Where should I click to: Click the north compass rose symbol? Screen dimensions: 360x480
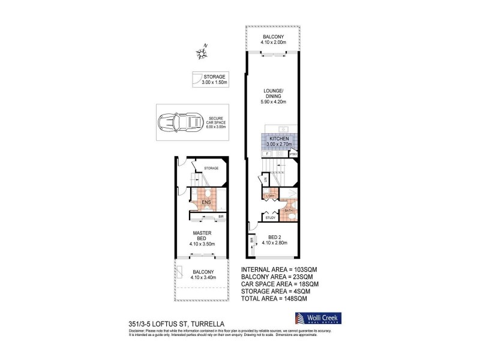click(202, 55)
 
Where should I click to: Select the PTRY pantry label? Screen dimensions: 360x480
click(293, 154)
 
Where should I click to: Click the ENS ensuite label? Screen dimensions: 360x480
click(206, 202)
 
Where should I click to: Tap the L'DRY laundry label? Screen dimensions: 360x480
click(270, 197)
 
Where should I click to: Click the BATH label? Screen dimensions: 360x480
click(288, 211)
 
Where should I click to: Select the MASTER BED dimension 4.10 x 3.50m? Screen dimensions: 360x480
click(203, 244)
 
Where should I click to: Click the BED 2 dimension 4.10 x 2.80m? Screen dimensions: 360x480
click(274, 243)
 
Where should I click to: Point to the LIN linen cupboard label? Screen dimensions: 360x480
click(265, 179)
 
